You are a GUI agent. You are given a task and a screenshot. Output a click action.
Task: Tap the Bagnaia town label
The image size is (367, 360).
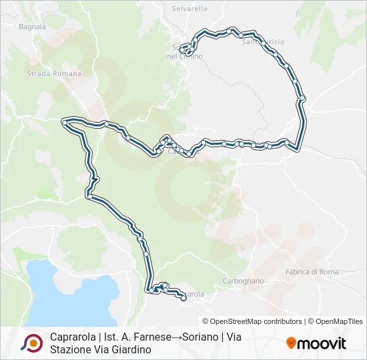point(33,27)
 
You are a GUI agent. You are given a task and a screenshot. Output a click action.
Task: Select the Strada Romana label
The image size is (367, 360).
point(54,74)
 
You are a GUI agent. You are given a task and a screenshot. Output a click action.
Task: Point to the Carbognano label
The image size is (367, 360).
point(243,281)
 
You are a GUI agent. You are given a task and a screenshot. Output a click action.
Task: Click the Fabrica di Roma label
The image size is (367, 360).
point(312,271)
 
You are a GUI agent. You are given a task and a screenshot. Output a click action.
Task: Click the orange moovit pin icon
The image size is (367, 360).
point(291,343)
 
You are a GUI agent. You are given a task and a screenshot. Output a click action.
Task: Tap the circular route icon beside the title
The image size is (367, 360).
point(31,343)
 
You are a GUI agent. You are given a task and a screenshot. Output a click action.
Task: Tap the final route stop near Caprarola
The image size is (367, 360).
point(183,299)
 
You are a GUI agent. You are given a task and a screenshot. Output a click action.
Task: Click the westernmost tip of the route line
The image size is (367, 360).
point(63,121)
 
